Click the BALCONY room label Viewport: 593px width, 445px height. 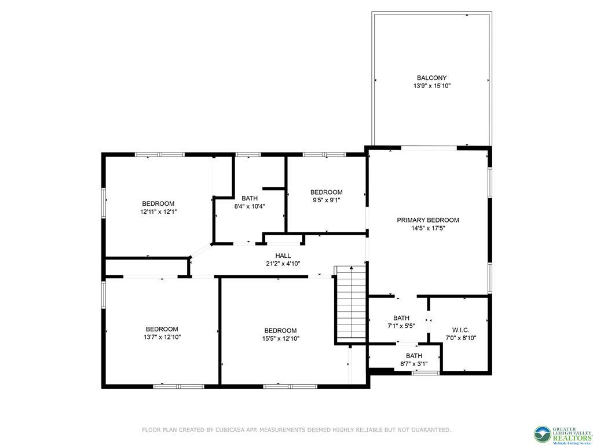coord(431,78)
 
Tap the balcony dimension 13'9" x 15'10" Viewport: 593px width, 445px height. coord(431,86)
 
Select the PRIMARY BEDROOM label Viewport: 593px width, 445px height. coord(427,220)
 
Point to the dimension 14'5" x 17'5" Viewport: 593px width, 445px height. coord(427,228)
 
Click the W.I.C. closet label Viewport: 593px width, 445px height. coord(461,329)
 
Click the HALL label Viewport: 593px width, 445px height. coord(283,256)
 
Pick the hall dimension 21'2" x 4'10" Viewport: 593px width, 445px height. coord(283,264)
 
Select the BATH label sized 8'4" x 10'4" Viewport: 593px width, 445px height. coord(250,198)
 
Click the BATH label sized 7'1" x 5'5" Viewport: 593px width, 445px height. coord(401,318)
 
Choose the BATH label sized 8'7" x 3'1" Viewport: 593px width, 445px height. coord(413,356)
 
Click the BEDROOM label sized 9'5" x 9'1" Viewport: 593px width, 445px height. coord(326,192)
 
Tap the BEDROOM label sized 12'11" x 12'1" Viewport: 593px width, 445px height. coord(158,203)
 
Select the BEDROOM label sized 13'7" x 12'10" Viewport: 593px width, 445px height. coord(162,329)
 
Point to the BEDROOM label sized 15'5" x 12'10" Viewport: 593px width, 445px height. coord(280,330)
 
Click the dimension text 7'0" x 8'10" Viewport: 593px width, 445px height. coord(461,337)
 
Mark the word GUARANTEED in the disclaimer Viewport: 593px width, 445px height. coord(429,430)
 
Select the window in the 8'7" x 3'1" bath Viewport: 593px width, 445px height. coord(425,373)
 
